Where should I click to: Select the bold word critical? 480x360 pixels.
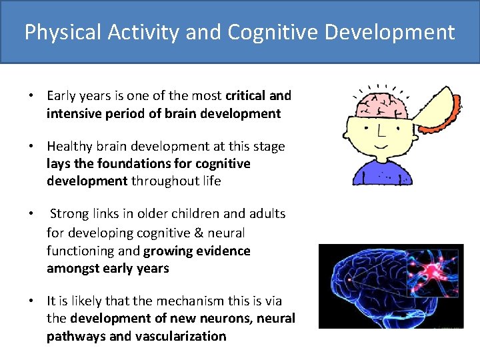pyautogui.click(x=246, y=96)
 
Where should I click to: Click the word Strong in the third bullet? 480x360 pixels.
pyautogui.click(x=69, y=214)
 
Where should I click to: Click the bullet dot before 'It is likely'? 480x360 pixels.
pyautogui.click(x=31, y=301)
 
